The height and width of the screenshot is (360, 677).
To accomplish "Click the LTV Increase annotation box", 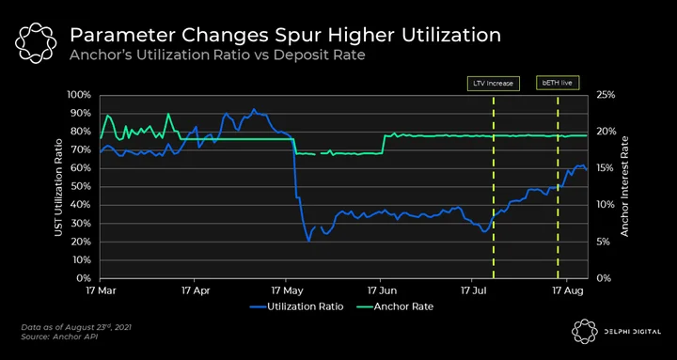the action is [494, 84].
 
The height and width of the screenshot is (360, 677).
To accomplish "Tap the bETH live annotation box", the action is [558, 84].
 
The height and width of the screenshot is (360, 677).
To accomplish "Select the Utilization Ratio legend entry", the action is [296, 307].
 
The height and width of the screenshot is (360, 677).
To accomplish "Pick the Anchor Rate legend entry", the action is [395, 307].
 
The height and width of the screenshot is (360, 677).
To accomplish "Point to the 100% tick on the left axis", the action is [79, 95].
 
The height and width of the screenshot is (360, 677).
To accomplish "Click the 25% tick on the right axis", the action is [606, 95].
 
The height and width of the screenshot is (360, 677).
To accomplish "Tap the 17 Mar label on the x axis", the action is [101, 290].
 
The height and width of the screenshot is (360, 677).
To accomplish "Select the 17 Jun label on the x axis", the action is [381, 290].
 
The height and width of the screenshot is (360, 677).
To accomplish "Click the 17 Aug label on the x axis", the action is [567, 290].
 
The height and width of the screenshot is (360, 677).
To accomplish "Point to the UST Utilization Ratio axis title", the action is [58, 187].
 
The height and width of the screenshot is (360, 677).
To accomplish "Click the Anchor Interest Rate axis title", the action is [624, 186].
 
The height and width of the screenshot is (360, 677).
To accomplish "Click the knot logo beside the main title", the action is [36, 43].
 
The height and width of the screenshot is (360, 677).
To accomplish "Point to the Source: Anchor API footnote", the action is [59, 337].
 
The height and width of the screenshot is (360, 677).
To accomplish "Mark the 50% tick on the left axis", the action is [81, 187].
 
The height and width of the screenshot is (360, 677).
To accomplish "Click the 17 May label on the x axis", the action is [286, 290].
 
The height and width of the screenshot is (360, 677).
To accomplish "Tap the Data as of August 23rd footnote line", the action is [76, 327].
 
